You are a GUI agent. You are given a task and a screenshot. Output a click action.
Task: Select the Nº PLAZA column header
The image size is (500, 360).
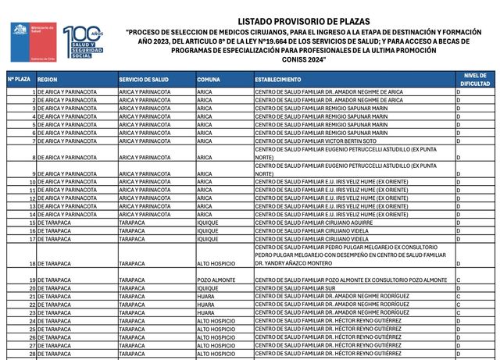tap(19, 80)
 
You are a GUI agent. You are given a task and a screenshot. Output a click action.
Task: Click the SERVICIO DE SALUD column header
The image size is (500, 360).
tap(144, 80)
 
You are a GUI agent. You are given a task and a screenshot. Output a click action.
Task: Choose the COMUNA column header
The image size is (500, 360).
tap(209, 80)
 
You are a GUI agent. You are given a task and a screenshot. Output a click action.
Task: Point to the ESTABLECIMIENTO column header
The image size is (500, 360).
tap(277, 80)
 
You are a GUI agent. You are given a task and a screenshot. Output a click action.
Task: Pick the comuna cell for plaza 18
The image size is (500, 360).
tap(216, 264)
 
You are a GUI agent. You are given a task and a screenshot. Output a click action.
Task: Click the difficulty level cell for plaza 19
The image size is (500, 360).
tap(458, 280)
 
